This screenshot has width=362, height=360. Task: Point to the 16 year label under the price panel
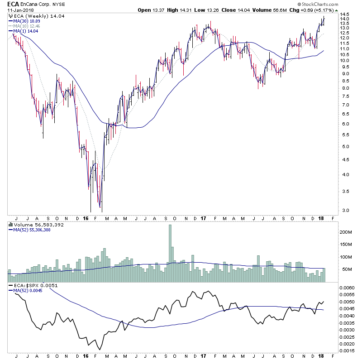86,218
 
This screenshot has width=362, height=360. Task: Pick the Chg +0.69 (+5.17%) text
320,10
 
